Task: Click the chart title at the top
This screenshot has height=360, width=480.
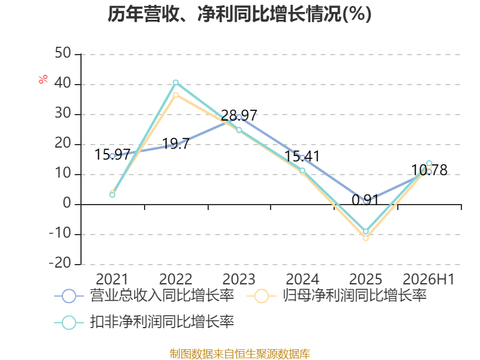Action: point(239,14)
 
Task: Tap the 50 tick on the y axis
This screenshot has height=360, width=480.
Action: point(63,53)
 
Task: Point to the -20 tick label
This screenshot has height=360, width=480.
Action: point(60,263)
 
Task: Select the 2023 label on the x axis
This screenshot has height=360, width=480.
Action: point(239,279)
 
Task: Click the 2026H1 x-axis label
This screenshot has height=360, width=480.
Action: point(428,279)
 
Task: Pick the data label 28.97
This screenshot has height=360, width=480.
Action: point(239,115)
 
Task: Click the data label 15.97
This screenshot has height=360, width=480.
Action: point(112,154)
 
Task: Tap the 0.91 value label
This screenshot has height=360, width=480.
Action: point(365,200)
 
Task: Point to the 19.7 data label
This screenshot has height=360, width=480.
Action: point(176,143)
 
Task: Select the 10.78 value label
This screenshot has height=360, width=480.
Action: point(429,170)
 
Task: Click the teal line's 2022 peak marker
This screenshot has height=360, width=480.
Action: point(176,83)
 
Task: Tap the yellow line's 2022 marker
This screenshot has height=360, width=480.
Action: point(176,95)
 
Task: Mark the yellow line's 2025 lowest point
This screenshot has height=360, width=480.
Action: point(365,238)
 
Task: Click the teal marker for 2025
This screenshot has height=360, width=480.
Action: point(365,232)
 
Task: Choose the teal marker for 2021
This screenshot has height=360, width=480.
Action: point(112,194)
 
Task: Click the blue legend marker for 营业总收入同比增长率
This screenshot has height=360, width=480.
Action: point(69,296)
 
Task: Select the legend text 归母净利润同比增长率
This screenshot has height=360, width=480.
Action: point(355,295)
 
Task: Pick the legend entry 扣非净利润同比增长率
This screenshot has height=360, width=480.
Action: point(144,322)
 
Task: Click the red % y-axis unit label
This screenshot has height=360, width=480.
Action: point(43,79)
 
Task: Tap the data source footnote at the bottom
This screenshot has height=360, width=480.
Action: point(240,354)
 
